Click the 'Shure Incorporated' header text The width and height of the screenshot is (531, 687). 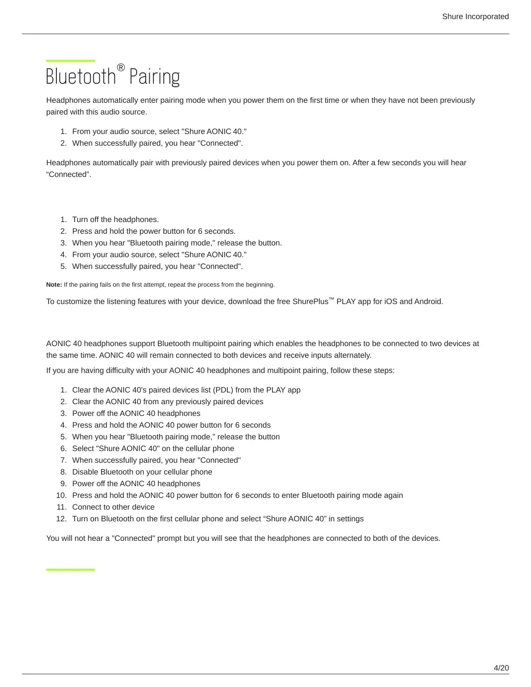coord(475,16)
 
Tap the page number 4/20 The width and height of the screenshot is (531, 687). coord(501,668)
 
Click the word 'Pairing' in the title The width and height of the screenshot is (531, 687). coord(154,77)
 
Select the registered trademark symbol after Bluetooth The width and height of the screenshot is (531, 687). coord(121,68)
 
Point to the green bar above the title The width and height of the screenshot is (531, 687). coord(70,61)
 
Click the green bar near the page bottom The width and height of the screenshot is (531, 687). coord(70,569)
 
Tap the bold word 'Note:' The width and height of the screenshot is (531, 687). coord(54,285)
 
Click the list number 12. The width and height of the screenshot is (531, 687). coord(61,519)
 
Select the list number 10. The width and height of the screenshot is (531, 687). coord(61,495)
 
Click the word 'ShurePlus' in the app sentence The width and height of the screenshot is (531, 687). coord(310,302)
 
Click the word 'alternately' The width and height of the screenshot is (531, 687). coord(351,355)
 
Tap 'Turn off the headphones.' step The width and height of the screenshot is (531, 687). coord(115,219)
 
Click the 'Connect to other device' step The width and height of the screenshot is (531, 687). coord(113,507)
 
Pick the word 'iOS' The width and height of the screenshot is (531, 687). coord(391,302)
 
